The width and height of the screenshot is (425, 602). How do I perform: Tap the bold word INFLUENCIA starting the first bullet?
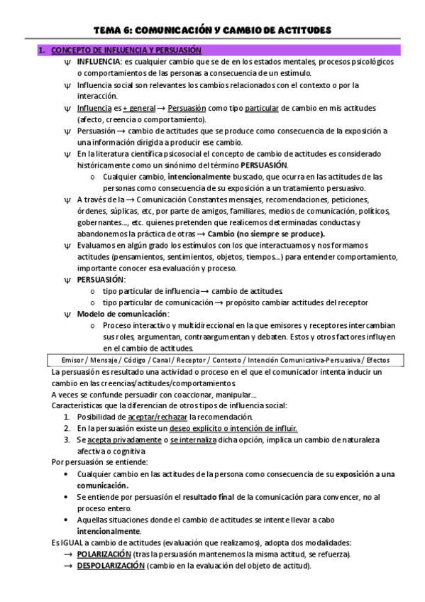99,62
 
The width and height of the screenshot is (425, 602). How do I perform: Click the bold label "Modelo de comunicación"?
122,313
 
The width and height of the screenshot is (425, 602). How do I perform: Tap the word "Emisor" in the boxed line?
67,360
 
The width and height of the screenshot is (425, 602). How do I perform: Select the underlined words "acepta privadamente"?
123,440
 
